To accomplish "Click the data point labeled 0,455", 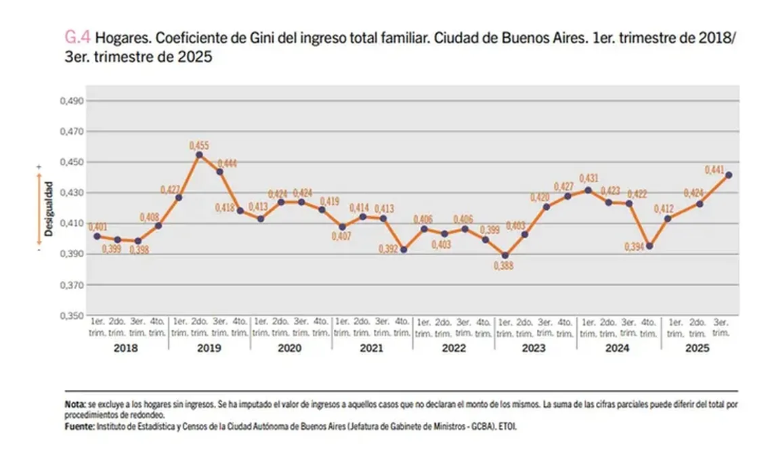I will tap(199, 155).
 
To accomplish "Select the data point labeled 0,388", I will tap(505, 256).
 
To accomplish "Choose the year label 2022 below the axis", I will tap(454, 349).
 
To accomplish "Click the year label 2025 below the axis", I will tap(698, 349).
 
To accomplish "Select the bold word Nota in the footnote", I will tap(75, 403).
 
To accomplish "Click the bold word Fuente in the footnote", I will tap(79, 427).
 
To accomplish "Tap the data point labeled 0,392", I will tap(404, 250).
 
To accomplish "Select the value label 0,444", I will tap(226, 163).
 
